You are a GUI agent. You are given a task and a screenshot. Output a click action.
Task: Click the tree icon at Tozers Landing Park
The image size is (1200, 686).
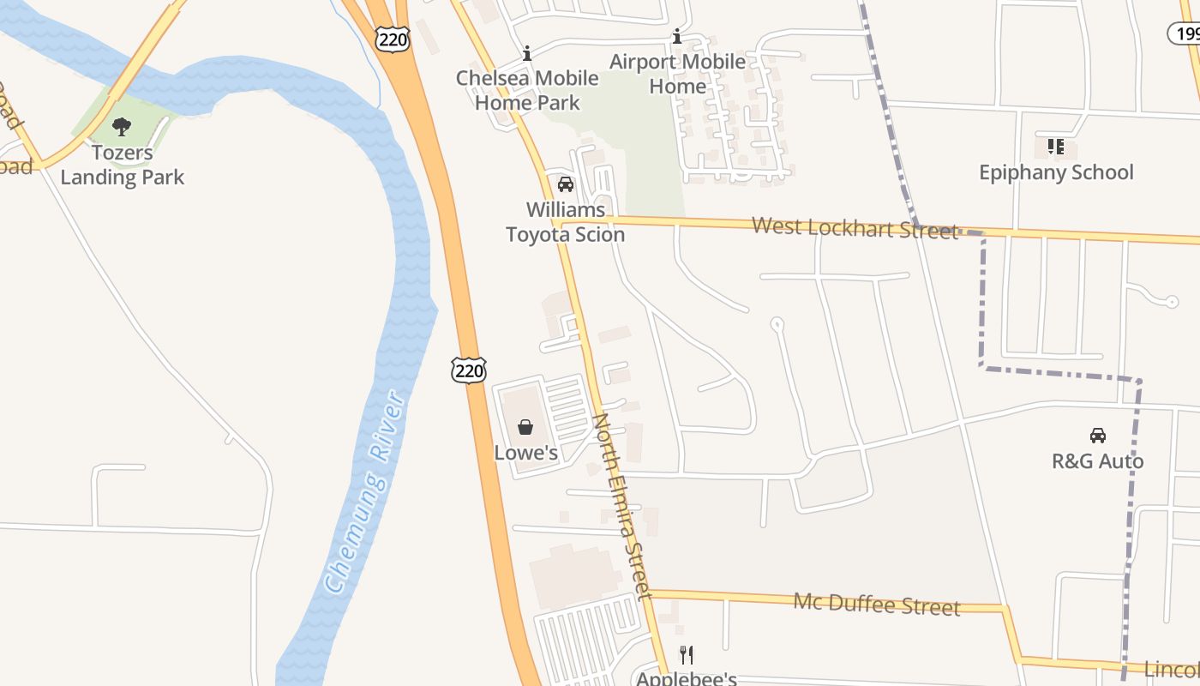coord(122,127)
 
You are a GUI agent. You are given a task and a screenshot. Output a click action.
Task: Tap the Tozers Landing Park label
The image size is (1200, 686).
coord(122,165)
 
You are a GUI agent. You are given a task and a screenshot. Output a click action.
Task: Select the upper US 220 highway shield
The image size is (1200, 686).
coord(393,38)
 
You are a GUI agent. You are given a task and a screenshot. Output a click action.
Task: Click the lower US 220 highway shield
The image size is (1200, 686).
coord(469,370)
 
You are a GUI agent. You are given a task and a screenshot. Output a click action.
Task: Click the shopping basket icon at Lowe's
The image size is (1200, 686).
coord(525,426)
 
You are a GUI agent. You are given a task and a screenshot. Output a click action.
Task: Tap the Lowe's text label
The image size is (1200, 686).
coord(525,453)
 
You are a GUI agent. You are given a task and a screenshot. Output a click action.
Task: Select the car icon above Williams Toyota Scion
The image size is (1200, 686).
coord(565,184)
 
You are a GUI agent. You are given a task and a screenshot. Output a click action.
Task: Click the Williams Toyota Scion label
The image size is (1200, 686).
coord(565,222)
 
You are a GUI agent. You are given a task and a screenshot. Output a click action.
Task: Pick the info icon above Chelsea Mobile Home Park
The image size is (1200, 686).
coord(527,53)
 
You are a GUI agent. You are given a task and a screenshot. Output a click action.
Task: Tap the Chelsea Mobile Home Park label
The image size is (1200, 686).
coord(527,90)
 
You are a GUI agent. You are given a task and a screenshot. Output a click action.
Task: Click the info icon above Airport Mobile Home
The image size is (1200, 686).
coord(677,36)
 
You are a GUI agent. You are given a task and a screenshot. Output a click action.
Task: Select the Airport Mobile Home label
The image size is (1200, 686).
coord(677,74)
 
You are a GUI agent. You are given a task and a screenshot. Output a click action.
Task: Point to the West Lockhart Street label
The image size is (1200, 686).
coord(855,228)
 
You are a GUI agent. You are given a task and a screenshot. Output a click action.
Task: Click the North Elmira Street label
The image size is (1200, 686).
coord(622,506)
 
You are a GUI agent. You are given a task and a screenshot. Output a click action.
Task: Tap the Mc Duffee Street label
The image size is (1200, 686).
coord(877,604)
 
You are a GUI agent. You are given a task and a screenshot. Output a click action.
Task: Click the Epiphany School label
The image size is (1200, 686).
coord(1056,172)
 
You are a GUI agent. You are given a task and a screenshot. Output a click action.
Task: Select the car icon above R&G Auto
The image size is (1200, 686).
coord(1097,435)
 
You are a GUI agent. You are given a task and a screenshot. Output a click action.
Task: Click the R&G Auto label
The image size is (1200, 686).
coord(1097,461)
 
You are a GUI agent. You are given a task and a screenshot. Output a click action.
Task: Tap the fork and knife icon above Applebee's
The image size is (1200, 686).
coord(686,655)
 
